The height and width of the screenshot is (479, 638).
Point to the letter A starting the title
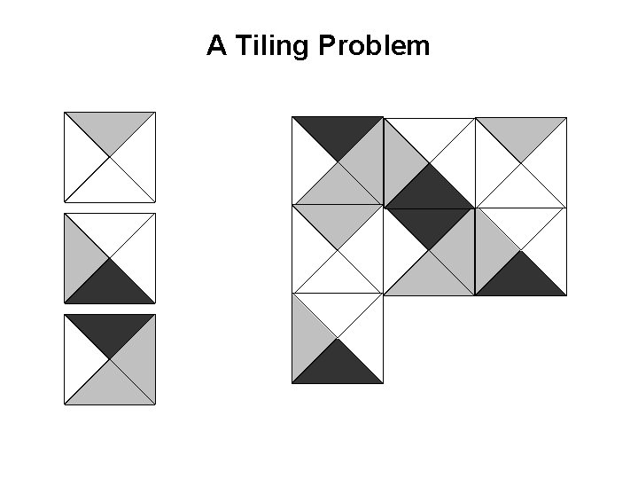click(215, 46)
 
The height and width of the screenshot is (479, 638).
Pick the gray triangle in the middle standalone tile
click(80, 258)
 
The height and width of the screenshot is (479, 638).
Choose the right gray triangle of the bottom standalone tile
click(140, 359)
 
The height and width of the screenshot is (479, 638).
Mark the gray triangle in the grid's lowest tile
click(307, 338)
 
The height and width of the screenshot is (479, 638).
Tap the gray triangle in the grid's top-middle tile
click(400, 161)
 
